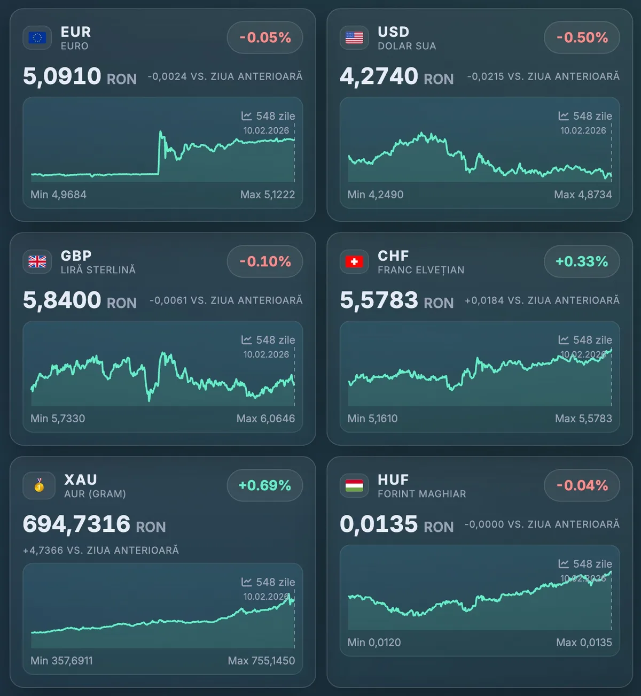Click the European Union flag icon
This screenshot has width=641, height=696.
37,37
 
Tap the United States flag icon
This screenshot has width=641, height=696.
354,37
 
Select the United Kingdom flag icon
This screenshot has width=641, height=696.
37,261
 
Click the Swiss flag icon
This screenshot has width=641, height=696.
354,261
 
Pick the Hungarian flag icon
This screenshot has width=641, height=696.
354,485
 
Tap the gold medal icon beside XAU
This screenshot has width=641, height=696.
39,485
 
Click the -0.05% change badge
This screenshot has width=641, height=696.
265,37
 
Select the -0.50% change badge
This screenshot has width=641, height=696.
582,37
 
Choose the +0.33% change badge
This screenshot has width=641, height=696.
582,261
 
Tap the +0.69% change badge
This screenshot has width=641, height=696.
265,485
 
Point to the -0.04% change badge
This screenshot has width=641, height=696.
582,485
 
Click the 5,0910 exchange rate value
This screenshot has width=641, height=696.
62,76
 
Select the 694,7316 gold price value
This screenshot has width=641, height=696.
76,524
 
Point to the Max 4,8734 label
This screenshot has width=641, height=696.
583,195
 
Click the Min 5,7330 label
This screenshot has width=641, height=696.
58,419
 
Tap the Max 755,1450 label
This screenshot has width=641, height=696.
261,661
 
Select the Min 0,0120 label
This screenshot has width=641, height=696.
374,643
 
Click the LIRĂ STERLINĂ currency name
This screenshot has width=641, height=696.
98,270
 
